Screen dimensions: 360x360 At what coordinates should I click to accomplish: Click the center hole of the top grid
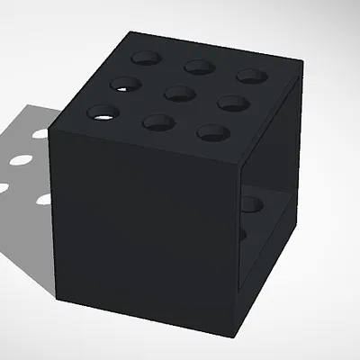point(180,93)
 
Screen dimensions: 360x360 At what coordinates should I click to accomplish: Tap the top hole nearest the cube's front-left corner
point(103,113)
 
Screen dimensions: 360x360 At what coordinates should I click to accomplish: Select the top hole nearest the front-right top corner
point(213,133)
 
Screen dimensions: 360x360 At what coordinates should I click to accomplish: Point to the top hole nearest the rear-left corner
point(145,58)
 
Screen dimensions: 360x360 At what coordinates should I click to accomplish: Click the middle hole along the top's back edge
point(198,66)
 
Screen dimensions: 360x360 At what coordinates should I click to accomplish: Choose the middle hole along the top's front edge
point(158,122)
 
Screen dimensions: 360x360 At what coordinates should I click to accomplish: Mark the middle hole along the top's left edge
point(125,85)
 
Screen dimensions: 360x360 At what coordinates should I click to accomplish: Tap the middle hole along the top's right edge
point(233,103)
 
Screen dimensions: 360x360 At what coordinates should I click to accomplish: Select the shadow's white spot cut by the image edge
point(3,189)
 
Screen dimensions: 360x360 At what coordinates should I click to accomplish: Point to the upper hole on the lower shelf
point(251,204)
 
